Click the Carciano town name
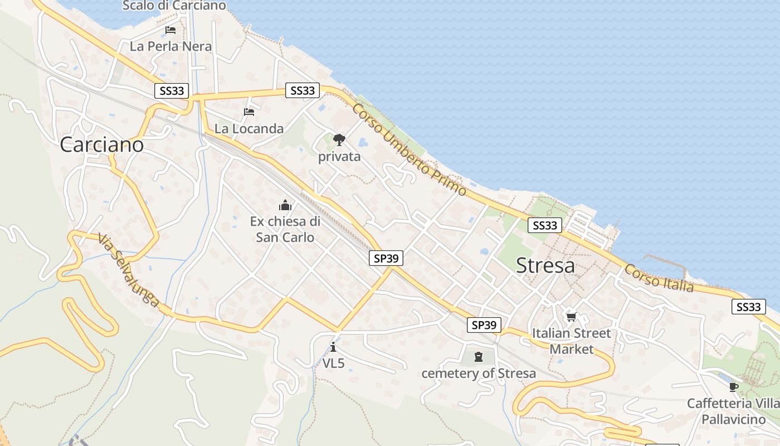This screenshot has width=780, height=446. (101, 145)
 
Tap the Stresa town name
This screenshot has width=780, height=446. (545, 266)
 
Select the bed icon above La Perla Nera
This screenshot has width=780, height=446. (170, 30)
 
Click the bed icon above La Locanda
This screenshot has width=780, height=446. (249, 112)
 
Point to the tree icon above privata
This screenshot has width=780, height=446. (339, 140)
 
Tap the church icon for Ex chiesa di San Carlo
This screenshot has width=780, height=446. (285, 205)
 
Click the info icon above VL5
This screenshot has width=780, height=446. (333, 347)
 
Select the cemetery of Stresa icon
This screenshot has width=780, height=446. (478, 357)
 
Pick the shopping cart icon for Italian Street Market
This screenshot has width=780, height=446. (571, 317)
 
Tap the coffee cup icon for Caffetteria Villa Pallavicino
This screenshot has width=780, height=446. (733, 387)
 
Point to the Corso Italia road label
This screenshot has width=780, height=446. (659, 278)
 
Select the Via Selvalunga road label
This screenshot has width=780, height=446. (128, 270)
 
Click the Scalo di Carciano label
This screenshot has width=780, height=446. (174, 6)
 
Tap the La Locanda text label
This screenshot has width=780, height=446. (249, 129)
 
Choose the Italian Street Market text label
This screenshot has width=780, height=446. (572, 341)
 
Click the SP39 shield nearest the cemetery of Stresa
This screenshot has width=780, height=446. (484, 325)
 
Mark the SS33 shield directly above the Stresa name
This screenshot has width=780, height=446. (544, 225)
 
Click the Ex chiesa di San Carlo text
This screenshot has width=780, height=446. (285, 229)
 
